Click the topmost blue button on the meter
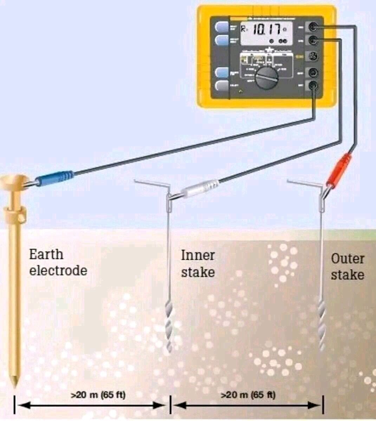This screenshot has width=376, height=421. (221, 27)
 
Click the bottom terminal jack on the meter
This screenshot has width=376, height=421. (313, 85)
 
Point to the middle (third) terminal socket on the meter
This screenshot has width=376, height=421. (313, 56)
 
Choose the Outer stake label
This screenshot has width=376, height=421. (347, 267)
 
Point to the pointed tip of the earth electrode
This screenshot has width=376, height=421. (15, 383)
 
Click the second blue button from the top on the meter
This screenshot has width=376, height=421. (221, 40)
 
